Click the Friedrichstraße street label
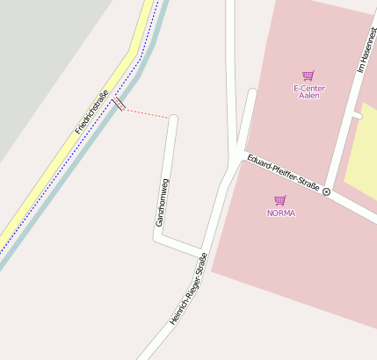click(x=91, y=113)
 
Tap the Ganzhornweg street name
click(x=161, y=202)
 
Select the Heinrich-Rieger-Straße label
click(x=188, y=290)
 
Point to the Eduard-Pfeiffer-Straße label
click(x=284, y=172)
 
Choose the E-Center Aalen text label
click(x=308, y=91)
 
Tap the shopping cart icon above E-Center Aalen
click(x=308, y=76)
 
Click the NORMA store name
click(x=281, y=213)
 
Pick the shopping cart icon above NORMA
click(x=280, y=200)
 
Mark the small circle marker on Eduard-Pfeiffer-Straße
click(x=327, y=191)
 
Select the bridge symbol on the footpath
click(x=120, y=104)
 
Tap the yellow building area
click(x=361, y=158)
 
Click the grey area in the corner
click(x=44, y=53)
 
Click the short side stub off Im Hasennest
click(x=356, y=114)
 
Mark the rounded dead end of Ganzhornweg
click(x=173, y=119)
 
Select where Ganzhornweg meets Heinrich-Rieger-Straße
click(x=203, y=252)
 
